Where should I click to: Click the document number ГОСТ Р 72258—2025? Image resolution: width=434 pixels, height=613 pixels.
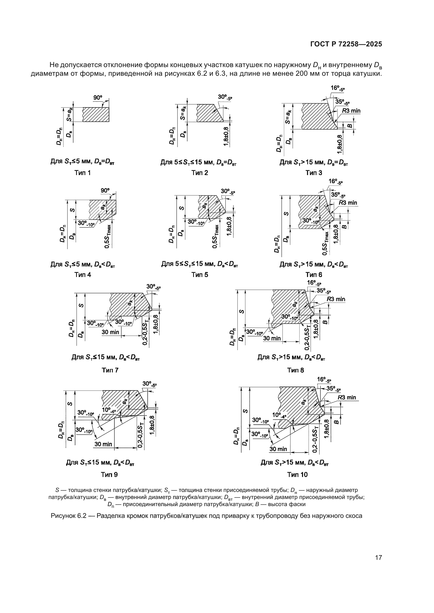pyautogui.click(x=346, y=44)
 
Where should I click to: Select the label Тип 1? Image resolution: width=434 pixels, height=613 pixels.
pyautogui.click(x=83, y=173)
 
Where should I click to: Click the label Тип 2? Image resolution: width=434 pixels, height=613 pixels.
pyautogui.click(x=200, y=173)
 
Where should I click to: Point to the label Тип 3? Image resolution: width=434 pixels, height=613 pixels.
pyautogui.click(x=314, y=173)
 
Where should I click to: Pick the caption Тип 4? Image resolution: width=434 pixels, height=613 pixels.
pyautogui.click(x=83, y=275)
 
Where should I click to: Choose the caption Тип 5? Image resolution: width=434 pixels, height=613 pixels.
pyautogui.click(x=200, y=275)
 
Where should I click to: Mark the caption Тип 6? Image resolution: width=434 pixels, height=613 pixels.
pyautogui.click(x=314, y=275)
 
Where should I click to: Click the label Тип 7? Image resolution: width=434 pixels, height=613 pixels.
pyautogui.click(x=110, y=370)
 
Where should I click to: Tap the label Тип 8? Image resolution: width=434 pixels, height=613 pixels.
pyautogui.click(x=295, y=370)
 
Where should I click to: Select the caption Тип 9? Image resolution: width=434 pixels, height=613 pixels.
pyautogui.click(x=109, y=474)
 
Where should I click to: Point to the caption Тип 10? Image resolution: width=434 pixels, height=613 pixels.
pyautogui.click(x=298, y=474)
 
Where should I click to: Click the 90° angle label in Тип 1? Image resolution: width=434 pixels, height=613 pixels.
pyautogui.click(x=98, y=98)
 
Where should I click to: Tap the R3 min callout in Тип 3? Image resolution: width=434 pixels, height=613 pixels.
pyautogui.click(x=351, y=111)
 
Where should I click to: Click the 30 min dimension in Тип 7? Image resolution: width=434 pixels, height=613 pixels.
pyautogui.click(x=110, y=332)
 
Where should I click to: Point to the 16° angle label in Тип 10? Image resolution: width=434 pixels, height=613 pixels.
pyautogui.click(x=324, y=379)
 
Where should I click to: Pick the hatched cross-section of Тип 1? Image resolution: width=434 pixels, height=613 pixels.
pyautogui.click(x=96, y=115)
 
